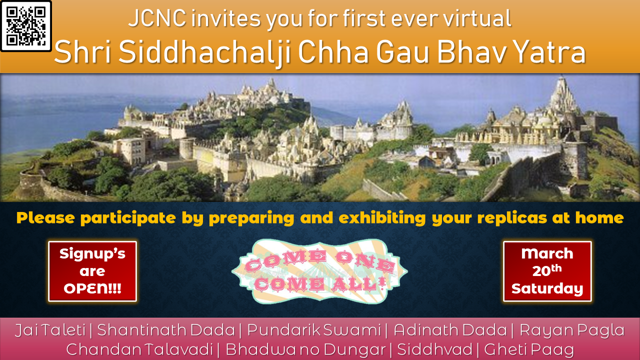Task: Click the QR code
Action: coord(26,26)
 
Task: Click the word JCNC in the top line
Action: coord(157,18)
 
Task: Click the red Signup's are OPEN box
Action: coord(92,271)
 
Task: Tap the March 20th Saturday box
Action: coord(547,271)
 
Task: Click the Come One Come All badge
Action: coord(319,271)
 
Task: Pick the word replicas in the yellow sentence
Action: coord(512,218)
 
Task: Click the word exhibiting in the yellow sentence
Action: coord(382,218)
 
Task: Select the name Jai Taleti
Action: coord(50,330)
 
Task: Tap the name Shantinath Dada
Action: coord(166,330)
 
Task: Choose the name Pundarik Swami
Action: coord(314,330)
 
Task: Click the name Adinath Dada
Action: coord(450,330)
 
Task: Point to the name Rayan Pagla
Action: coord(572,331)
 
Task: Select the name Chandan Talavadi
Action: coord(139,349)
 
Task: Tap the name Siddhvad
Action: coord(434,349)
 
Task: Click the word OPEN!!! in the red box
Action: coord(92,288)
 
